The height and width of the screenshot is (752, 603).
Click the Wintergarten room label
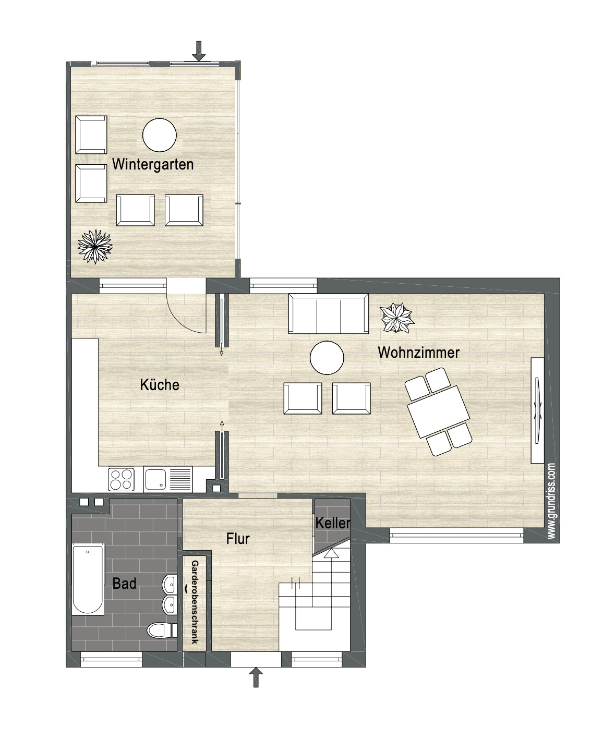(153, 164)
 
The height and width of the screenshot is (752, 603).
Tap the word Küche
(160, 385)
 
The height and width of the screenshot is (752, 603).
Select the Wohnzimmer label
(418, 353)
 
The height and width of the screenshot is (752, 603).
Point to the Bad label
(124, 584)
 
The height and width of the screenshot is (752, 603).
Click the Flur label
(238, 539)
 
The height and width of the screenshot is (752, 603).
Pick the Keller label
(332, 523)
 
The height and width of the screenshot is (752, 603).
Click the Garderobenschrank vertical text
(195, 602)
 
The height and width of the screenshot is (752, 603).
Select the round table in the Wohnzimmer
(327, 358)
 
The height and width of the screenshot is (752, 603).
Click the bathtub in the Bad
(88, 579)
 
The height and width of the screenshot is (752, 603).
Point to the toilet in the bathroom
(160, 630)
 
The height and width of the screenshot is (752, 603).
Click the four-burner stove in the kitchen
(121, 479)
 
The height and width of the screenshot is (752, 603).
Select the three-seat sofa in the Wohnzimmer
(329, 313)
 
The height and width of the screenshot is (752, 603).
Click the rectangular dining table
(438, 411)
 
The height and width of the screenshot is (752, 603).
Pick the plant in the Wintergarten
(95, 246)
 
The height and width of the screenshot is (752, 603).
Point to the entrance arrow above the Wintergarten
(199, 51)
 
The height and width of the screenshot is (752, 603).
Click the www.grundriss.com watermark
(552, 501)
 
